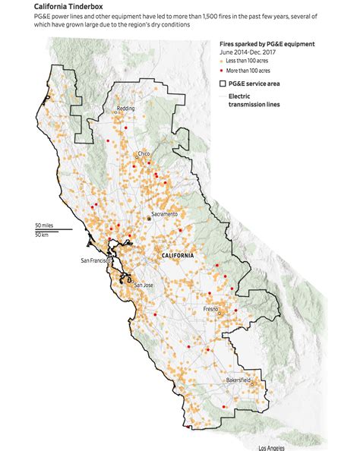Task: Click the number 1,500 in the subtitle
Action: point(210,15)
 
